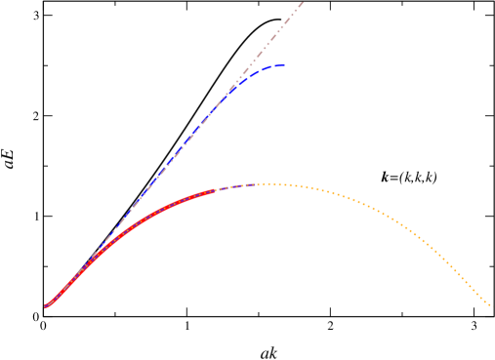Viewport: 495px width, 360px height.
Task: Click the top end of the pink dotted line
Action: point(303,3)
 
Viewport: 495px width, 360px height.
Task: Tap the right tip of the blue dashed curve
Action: point(283,65)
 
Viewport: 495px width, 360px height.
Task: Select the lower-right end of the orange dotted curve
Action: point(489,304)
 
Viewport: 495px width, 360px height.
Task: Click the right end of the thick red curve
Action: point(215,191)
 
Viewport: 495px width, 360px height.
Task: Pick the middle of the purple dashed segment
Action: point(236,186)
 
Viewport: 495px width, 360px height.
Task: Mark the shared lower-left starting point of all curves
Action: point(46,307)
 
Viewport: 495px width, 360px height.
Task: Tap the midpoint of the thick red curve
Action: point(122,234)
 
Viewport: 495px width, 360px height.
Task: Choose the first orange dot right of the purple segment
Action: point(260,184)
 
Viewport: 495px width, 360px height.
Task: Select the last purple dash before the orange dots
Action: point(252,184)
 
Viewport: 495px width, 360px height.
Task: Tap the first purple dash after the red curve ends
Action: point(221,189)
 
